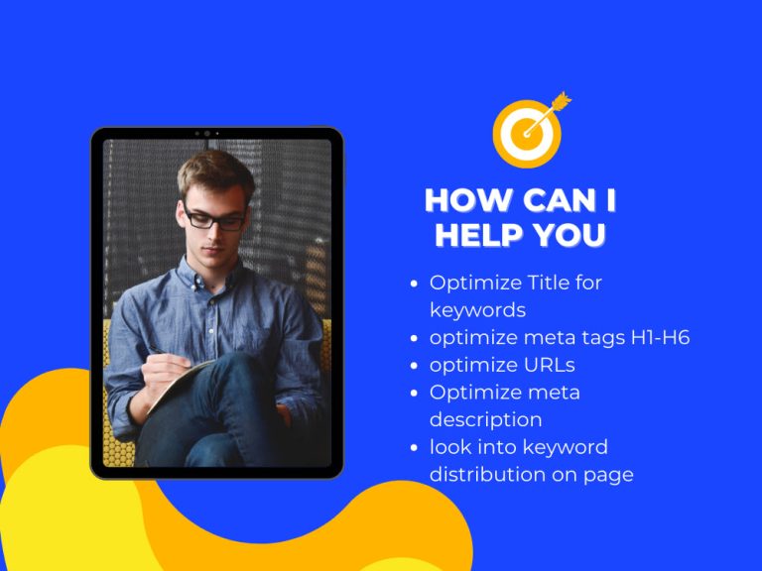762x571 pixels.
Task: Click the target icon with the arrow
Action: point(527,131)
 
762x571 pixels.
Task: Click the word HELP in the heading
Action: point(478,235)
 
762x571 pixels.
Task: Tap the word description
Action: point(485,419)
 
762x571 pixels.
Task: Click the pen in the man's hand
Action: point(159,353)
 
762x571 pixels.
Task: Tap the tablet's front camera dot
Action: point(206,133)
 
